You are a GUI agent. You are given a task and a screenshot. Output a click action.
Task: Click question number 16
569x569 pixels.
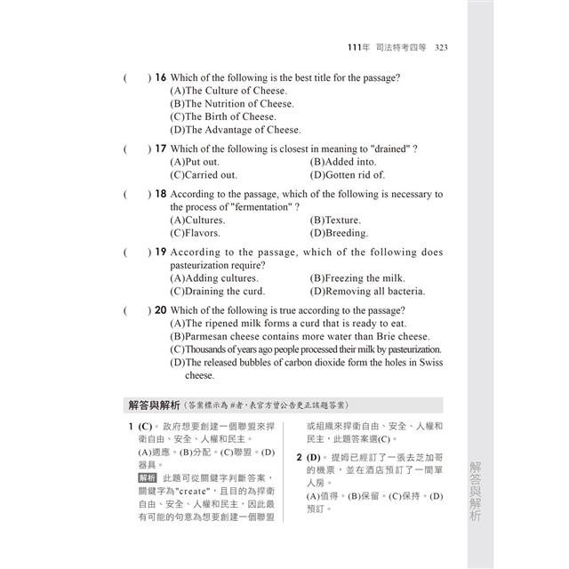coord(160,77)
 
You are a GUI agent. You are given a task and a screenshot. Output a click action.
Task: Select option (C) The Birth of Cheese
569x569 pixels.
coord(222,116)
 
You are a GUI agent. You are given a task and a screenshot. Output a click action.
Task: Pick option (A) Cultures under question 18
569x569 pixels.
coord(197,220)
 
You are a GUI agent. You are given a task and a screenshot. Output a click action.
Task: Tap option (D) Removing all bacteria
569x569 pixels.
coord(367,291)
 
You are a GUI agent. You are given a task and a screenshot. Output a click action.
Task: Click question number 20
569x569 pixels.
coord(160,309)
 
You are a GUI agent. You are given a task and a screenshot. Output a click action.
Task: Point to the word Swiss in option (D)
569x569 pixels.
coord(427,362)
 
